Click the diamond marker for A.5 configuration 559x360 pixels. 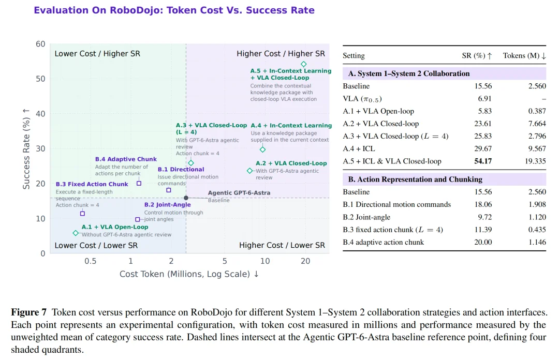(303, 64)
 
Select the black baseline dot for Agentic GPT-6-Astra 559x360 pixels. (186, 198)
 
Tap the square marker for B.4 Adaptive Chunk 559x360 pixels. (139, 183)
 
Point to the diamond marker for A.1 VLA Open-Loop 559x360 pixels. (76, 233)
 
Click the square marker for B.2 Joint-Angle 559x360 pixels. (138, 219)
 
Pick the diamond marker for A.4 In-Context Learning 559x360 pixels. (263, 149)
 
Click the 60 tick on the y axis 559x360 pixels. (41, 44)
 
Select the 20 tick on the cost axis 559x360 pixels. (305, 261)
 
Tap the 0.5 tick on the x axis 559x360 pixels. (91, 261)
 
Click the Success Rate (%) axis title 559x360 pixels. (26, 148)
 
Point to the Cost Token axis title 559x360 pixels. (189, 274)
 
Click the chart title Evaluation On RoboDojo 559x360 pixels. (174, 10)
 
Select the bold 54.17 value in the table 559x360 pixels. (483, 161)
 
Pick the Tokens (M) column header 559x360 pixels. (524, 56)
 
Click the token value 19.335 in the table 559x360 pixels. (535, 161)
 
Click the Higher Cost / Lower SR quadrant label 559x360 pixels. (282, 245)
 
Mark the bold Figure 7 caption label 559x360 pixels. (29, 312)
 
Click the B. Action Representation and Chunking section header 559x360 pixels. (415, 179)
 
